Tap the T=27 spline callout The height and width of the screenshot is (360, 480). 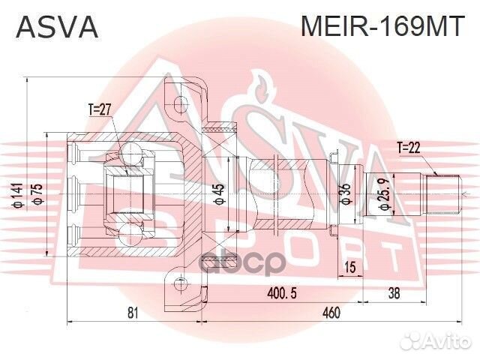coord(100,109)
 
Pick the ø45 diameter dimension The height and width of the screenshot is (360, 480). coord(219,193)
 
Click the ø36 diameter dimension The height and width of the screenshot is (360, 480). coord(345,194)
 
